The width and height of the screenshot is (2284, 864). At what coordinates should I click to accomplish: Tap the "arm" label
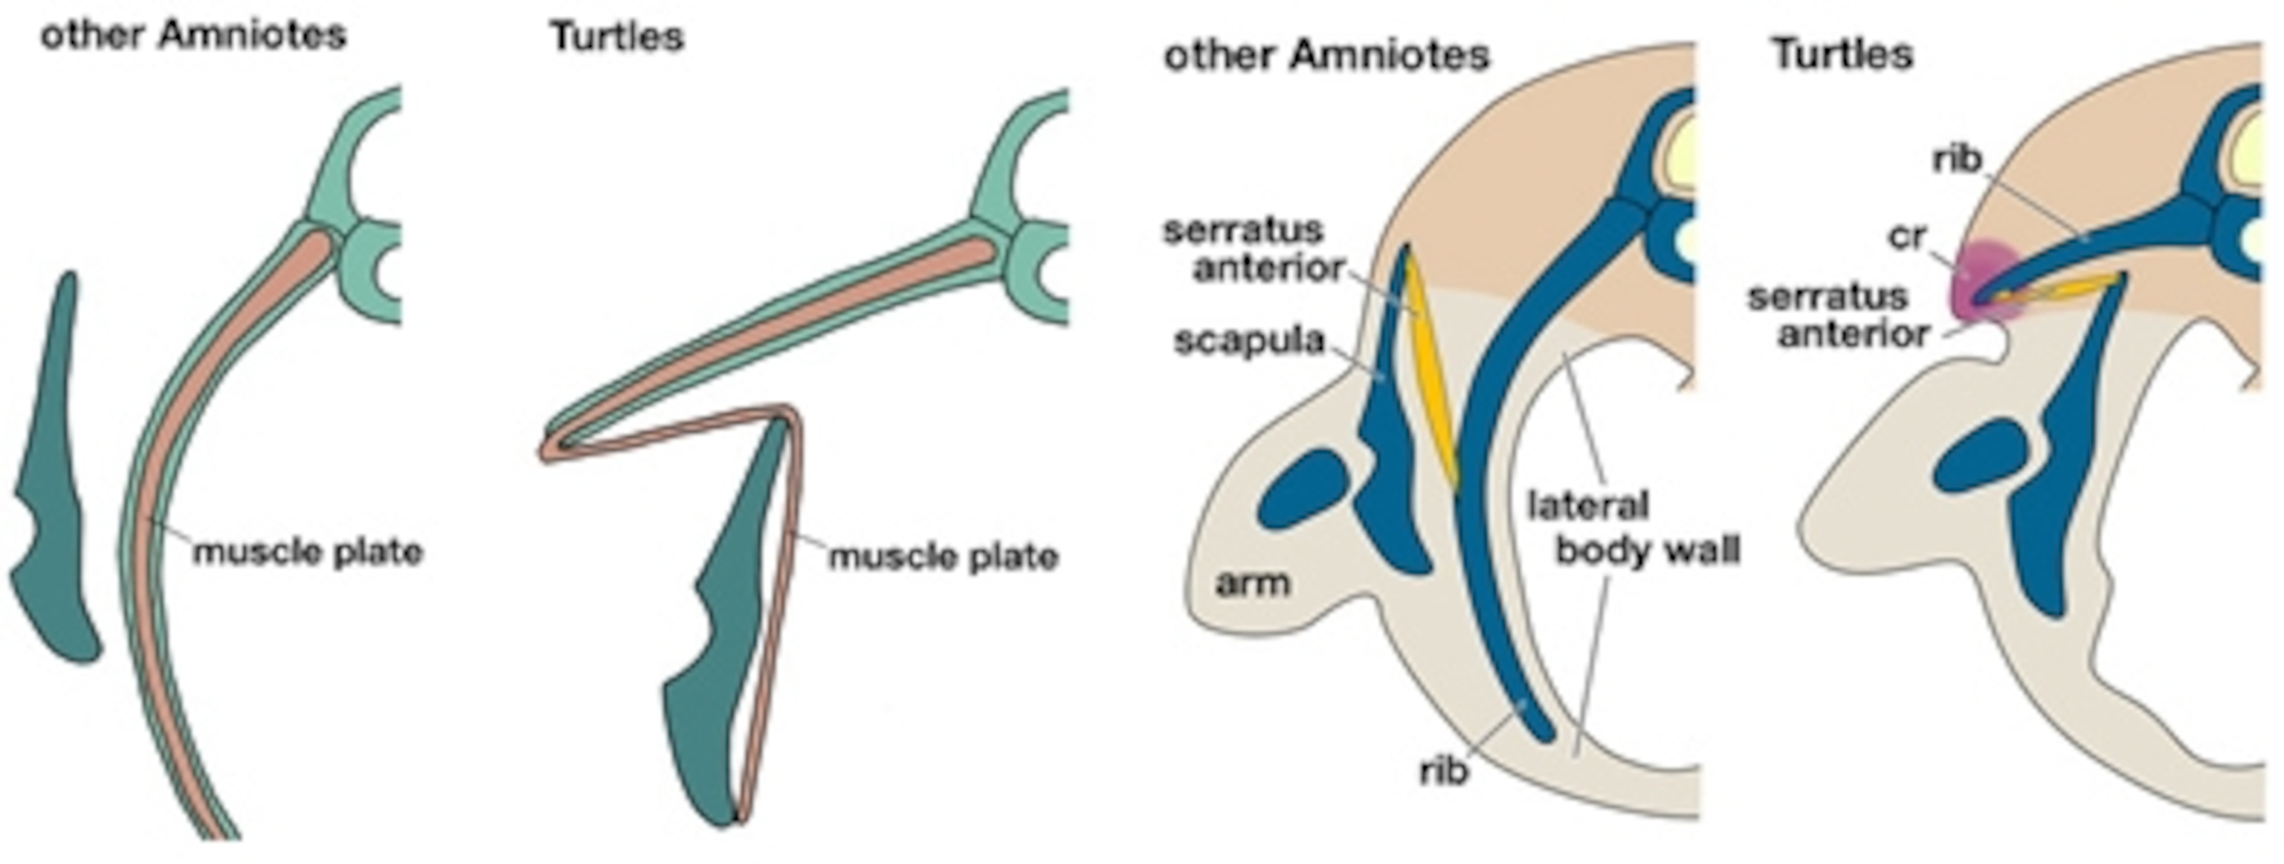[x=1252, y=583]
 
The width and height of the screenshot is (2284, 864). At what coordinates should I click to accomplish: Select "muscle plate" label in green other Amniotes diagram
[x=308, y=551]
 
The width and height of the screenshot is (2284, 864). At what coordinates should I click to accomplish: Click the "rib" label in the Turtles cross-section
[x=1957, y=160]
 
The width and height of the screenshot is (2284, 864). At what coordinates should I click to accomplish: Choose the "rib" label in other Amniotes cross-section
[x=1443, y=771]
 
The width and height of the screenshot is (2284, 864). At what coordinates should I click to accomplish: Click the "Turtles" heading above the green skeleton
[x=617, y=37]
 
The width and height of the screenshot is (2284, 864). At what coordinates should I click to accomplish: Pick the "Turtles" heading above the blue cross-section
[x=1842, y=55]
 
